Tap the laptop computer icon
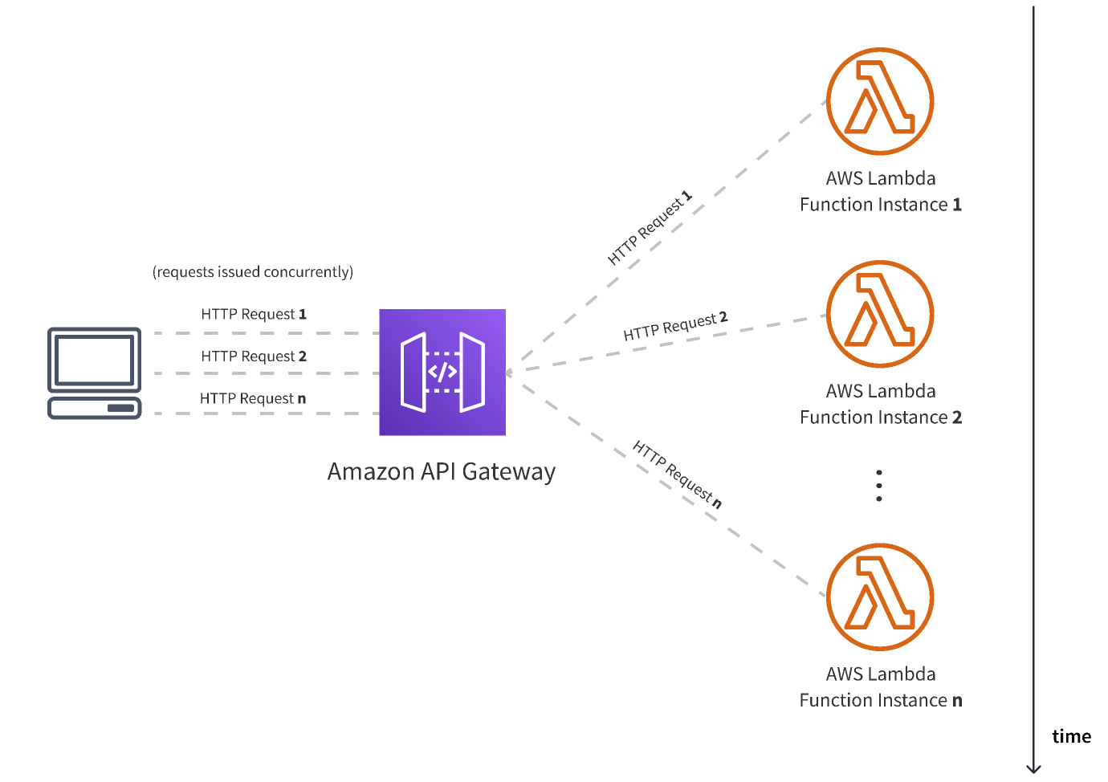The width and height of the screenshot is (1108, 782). pos(95,373)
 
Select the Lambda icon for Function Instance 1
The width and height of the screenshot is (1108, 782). pos(880,101)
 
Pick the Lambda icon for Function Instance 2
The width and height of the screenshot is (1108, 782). pos(880,314)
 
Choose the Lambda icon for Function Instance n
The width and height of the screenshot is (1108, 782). pos(880,597)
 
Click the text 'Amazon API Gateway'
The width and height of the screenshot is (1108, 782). pos(441,472)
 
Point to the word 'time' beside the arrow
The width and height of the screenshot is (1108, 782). pos(1071,736)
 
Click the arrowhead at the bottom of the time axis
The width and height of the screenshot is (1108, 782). pos(1034,768)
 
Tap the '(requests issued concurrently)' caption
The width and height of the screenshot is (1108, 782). pos(253,272)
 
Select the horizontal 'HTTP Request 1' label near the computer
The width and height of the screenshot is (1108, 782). pos(254,314)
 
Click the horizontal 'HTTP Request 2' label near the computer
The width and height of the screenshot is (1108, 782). pos(254,356)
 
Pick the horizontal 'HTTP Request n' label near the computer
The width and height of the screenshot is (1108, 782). pos(253,398)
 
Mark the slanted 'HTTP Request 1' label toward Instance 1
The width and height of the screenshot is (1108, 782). pos(650,228)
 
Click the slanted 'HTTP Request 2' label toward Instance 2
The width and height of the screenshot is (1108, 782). pos(675,325)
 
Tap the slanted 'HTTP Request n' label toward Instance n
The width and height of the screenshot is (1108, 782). pos(677,474)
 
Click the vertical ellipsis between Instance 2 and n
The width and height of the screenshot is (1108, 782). pos(879,486)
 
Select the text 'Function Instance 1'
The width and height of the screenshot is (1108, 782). pos(880,205)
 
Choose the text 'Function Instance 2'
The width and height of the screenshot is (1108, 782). pos(880,417)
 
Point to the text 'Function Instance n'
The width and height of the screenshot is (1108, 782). pos(880,700)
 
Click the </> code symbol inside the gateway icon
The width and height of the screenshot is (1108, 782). pos(442,372)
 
